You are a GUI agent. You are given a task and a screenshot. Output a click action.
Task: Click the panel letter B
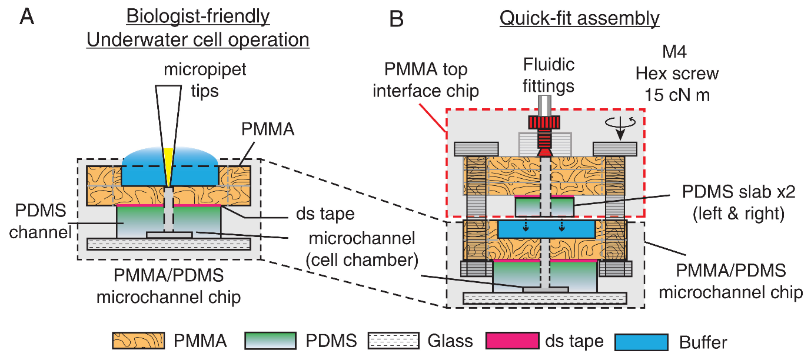tap(397, 19)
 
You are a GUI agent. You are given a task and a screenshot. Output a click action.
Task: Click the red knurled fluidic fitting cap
tap(544, 123)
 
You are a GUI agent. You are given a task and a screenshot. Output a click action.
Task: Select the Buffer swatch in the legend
tap(642, 341)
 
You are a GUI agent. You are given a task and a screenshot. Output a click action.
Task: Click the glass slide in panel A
tap(169, 244)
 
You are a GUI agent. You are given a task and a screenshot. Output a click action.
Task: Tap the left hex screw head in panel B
tap(476, 149)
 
